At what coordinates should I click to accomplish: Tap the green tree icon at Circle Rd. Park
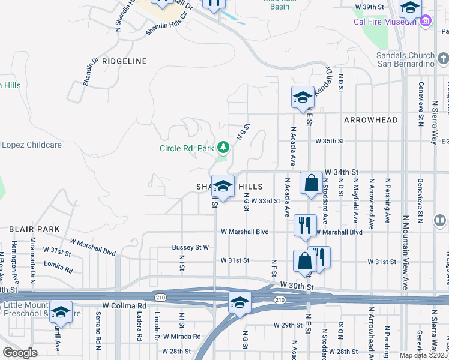click(x=223, y=147)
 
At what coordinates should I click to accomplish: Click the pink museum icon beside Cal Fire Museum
click(x=426, y=22)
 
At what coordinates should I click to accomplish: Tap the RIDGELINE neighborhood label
click(x=124, y=61)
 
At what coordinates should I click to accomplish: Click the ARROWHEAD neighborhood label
click(x=371, y=120)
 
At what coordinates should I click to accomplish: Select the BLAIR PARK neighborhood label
click(x=34, y=229)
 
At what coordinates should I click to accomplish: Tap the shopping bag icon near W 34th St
click(x=312, y=184)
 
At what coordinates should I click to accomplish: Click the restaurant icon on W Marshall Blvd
click(x=305, y=226)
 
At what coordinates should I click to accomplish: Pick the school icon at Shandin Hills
click(x=223, y=187)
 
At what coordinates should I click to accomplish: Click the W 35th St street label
click(x=330, y=141)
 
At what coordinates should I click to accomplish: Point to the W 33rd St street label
click(x=265, y=201)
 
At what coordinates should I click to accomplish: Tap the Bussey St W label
click(x=190, y=247)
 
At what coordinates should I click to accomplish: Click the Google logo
click(x=20, y=352)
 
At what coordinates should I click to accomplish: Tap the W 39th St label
click(x=370, y=7)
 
